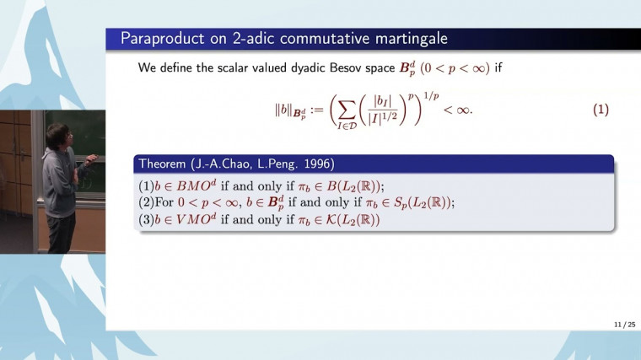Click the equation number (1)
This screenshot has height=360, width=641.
click(x=600, y=110)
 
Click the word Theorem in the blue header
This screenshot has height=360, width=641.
click(x=165, y=164)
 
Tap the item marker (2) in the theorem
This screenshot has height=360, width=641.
click(x=145, y=203)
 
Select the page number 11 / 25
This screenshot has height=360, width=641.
click(x=624, y=325)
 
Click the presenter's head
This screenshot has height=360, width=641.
click(x=55, y=134)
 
